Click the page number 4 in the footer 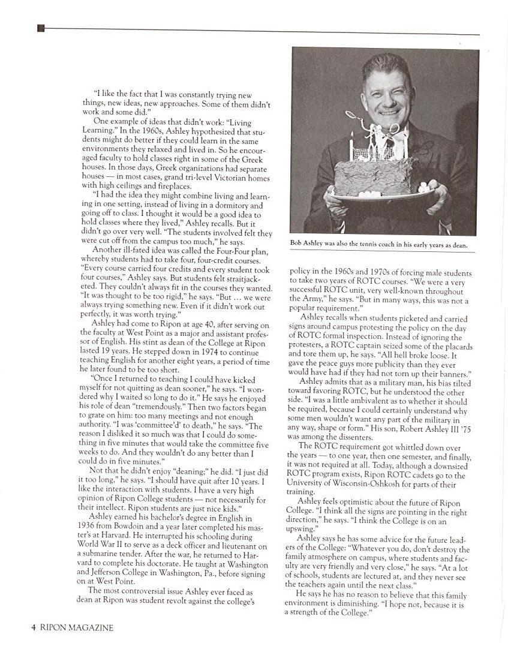click(x=34, y=628)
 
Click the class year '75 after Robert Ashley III click(x=464, y=437)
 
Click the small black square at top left click(x=41, y=28)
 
